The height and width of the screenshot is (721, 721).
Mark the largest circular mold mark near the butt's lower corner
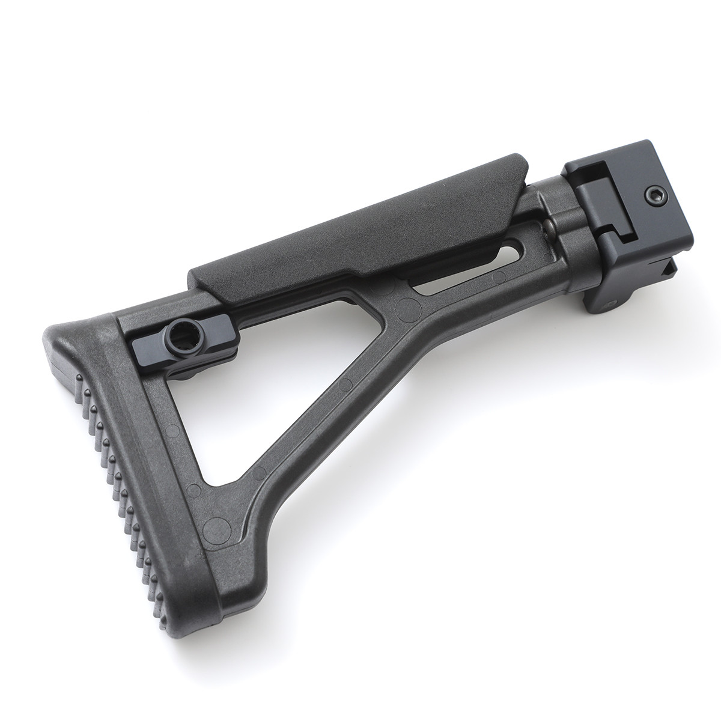point(214,529)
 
